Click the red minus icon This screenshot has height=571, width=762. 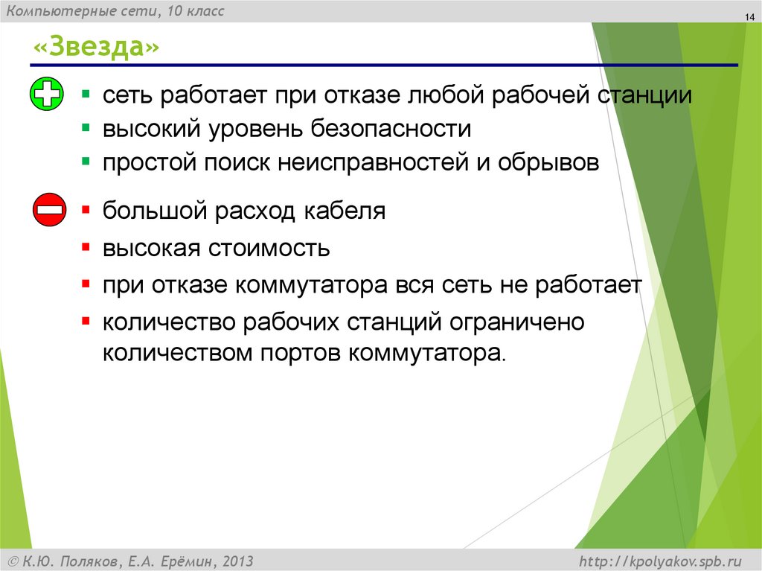50,210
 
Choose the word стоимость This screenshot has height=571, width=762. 269,248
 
